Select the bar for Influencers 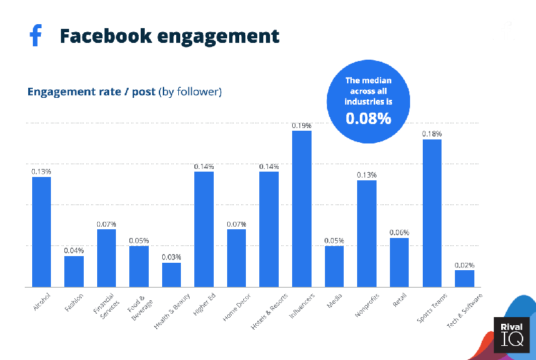[302, 208]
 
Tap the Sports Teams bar [432, 213]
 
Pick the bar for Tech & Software [464, 278]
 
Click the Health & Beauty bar [172, 275]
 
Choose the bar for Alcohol [42, 231]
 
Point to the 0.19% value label [302, 125]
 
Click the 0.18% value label [432, 134]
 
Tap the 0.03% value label [172, 257]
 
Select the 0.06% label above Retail [400, 233]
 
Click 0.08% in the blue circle [368, 119]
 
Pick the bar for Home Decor [237, 258]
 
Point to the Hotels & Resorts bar [269, 229]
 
